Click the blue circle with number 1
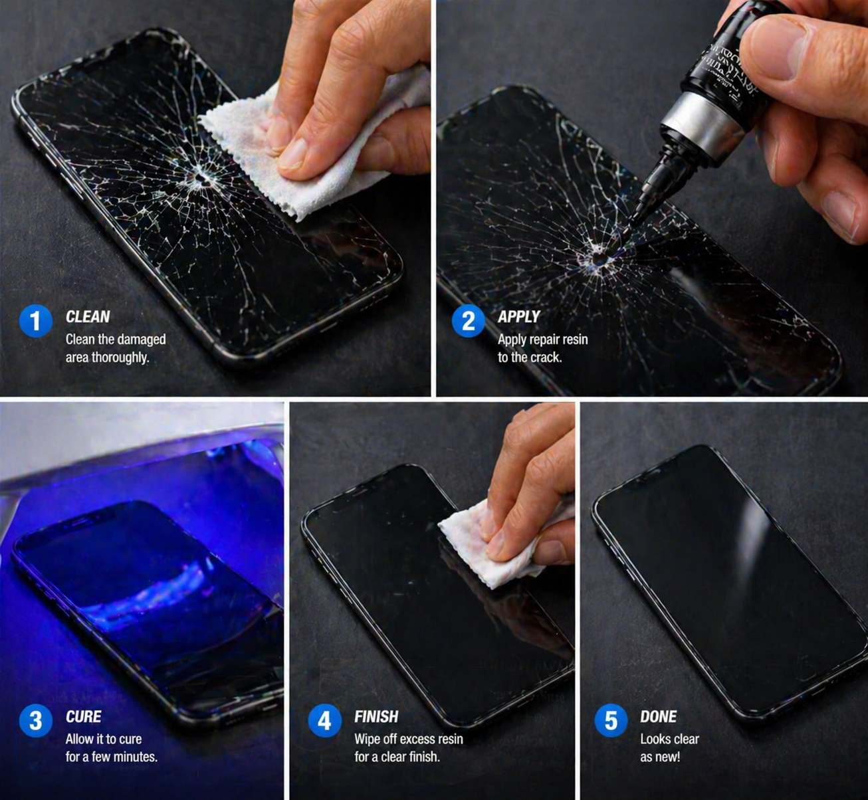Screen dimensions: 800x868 [36, 321]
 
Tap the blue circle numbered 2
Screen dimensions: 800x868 [468, 321]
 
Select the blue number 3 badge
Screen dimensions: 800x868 [36, 721]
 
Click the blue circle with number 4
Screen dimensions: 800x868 [324, 721]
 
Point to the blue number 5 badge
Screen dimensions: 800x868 [610, 721]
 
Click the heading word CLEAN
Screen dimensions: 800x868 [88, 317]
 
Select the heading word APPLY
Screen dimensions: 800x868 [518, 317]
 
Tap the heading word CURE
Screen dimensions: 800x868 [83, 716]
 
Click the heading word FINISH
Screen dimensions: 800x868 [376, 716]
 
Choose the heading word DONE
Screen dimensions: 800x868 [658, 716]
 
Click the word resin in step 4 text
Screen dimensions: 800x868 [449, 739]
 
